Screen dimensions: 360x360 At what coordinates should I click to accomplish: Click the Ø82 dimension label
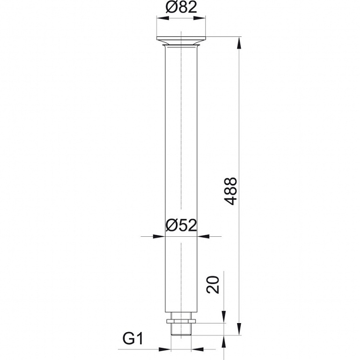pos(181,7)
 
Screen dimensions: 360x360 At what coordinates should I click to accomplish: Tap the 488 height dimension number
pos(231,191)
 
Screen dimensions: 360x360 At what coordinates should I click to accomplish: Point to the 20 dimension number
pos(213,284)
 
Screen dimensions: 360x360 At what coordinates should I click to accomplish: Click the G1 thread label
pos(133,338)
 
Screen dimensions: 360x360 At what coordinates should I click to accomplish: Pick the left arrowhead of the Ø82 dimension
pos(163,18)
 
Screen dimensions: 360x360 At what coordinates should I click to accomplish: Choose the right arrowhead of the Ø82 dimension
pos(199,18)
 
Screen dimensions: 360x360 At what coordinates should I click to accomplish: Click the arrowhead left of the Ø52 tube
pos(159,236)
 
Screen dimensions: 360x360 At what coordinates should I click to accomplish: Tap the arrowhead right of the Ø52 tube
pos(203,236)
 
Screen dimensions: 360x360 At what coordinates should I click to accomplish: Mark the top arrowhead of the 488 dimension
pos(239,43)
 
